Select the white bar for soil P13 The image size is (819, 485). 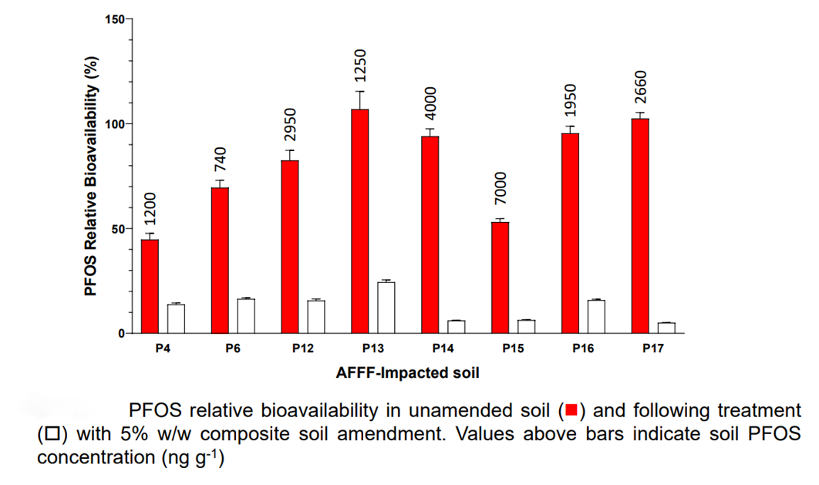click(x=386, y=308)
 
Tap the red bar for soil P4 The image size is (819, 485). click(x=150, y=286)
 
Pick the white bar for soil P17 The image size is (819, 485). click(x=666, y=328)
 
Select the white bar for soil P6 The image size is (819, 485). click(x=246, y=315)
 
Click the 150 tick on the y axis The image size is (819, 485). click(x=115, y=19)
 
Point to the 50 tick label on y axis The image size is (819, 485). click(x=118, y=229)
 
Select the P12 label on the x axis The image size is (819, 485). click(x=303, y=349)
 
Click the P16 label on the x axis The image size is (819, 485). click(x=583, y=349)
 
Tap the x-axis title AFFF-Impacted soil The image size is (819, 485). click(x=408, y=373)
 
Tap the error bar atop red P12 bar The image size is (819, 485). click(x=290, y=155)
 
